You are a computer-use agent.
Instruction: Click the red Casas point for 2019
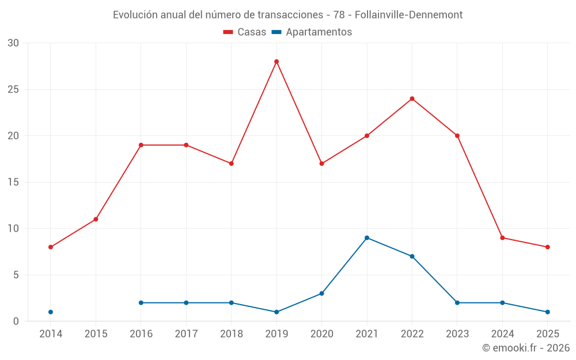276,62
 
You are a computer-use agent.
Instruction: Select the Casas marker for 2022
412,98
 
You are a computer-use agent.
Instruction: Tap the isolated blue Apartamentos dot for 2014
51,312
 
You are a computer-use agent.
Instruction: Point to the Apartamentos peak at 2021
367,238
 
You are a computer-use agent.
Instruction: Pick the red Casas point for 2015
96,219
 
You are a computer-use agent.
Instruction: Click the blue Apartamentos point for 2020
321,294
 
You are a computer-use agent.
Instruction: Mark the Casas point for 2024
502,238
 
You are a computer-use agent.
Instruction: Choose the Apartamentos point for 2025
548,312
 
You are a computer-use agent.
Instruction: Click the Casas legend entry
245,32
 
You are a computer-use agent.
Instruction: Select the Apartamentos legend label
319,32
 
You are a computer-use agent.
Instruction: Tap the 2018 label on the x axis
231,334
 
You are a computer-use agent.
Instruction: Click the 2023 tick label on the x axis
457,334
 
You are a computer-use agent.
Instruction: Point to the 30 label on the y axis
13,43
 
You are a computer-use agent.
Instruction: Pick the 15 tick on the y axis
13,183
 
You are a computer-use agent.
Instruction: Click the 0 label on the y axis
16,321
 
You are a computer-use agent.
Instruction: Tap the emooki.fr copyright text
526,348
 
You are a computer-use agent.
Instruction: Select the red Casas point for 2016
141,145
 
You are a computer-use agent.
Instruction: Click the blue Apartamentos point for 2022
412,256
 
